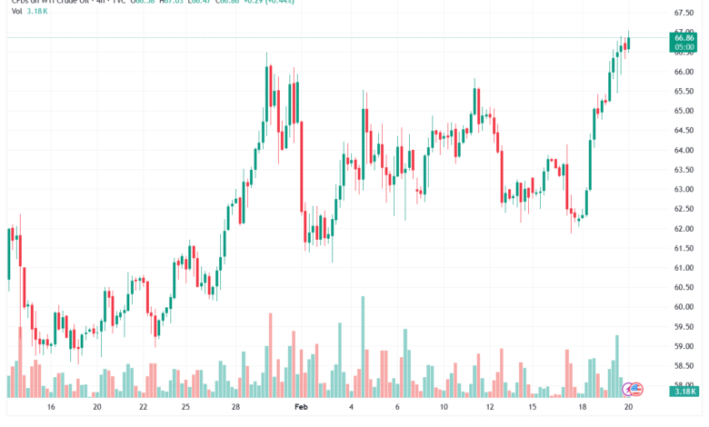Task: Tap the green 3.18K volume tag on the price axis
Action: tap(684, 392)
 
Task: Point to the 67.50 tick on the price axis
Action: tap(684, 13)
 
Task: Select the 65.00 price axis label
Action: tap(684, 111)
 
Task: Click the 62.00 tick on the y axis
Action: tap(684, 228)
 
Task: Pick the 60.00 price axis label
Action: tap(684, 307)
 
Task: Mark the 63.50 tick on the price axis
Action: tap(684, 170)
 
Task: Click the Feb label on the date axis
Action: tap(302, 409)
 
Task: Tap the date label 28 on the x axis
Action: tap(235, 409)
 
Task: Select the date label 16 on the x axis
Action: tap(51, 409)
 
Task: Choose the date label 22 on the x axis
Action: tap(144, 409)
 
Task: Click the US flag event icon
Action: tap(637, 389)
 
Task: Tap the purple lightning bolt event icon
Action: tap(628, 389)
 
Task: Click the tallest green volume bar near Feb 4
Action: tap(363, 347)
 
